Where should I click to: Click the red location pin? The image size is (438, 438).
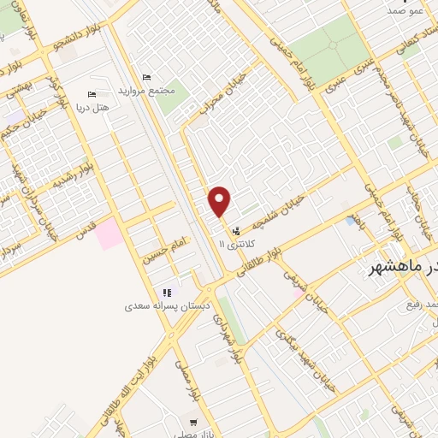(220, 201)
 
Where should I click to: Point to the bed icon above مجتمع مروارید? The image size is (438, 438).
(146, 78)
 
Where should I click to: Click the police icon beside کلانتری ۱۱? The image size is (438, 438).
(235, 230)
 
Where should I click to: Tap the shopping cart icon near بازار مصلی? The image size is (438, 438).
(194, 422)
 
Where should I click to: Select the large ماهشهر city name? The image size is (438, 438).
(402, 268)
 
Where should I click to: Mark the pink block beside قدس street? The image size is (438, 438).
(109, 233)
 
